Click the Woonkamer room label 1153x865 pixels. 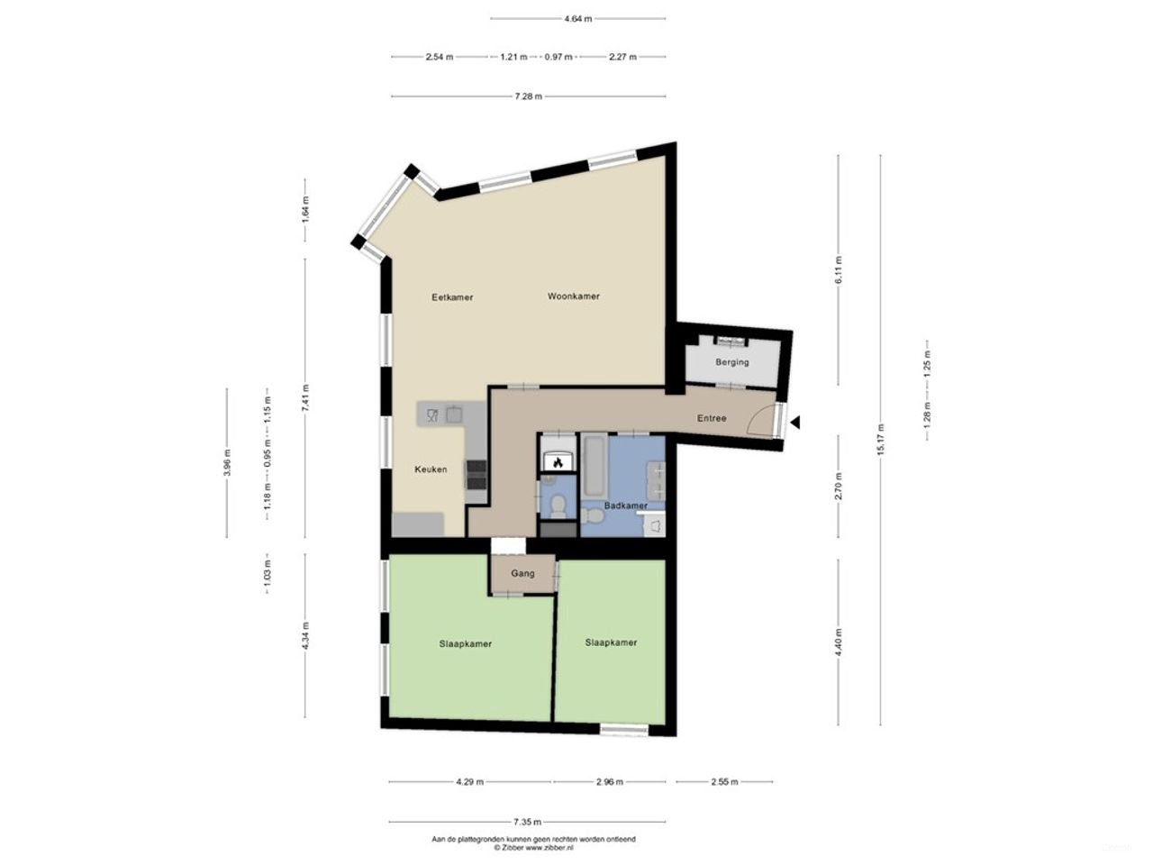(x=573, y=296)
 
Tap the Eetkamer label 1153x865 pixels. (x=452, y=297)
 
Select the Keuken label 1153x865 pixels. (x=431, y=469)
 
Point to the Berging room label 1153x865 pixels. (x=731, y=362)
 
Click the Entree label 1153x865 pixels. (x=712, y=418)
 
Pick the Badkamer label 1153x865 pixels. (x=625, y=505)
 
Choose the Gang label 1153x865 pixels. (x=522, y=573)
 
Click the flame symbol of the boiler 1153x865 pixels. (x=558, y=463)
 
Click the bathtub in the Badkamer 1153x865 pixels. (x=594, y=465)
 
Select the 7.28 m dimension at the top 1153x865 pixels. (x=528, y=96)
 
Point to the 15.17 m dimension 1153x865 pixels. (x=880, y=440)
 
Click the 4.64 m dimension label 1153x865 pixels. (x=577, y=18)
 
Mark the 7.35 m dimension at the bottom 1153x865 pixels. (x=527, y=822)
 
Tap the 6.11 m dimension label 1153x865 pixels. (x=839, y=269)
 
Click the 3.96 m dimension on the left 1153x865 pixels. (x=227, y=463)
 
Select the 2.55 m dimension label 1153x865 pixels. (x=724, y=782)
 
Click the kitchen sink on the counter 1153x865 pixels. (x=454, y=414)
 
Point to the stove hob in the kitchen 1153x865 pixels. (x=475, y=473)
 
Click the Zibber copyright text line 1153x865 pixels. (x=533, y=848)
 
